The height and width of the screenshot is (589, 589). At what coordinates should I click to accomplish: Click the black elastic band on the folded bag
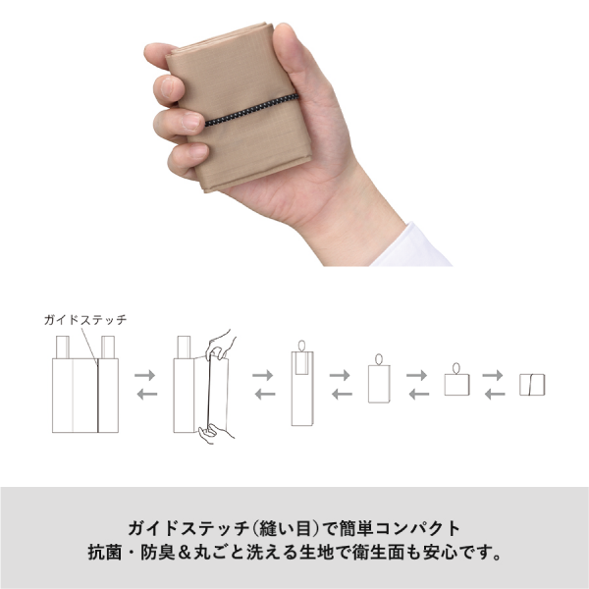(251, 110)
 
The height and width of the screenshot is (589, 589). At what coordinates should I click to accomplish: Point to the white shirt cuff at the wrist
(413, 246)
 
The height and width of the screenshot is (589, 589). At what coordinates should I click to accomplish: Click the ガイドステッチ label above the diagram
(85, 320)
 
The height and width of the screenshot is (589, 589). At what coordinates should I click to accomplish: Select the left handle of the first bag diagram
(63, 348)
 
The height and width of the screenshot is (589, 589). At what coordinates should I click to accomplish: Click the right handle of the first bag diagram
(108, 348)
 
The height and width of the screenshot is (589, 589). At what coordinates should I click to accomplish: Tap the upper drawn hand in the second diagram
(221, 345)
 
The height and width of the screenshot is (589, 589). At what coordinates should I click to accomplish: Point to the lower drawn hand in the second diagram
(215, 433)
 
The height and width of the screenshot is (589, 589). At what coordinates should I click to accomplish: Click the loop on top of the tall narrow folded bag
(302, 346)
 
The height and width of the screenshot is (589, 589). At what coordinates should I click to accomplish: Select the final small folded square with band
(532, 385)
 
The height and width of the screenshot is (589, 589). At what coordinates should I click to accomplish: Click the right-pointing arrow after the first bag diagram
(144, 375)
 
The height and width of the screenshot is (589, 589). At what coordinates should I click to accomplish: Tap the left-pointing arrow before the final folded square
(495, 394)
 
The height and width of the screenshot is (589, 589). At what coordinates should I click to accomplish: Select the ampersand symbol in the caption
(184, 553)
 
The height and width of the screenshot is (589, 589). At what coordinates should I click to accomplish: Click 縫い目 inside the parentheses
(287, 528)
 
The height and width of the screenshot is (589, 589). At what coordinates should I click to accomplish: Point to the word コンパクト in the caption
(418, 528)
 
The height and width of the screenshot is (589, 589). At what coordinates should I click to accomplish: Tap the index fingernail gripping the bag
(170, 87)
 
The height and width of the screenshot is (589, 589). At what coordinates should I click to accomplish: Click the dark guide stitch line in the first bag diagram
(97, 396)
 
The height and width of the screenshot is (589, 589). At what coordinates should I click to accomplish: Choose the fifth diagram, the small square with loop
(456, 379)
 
